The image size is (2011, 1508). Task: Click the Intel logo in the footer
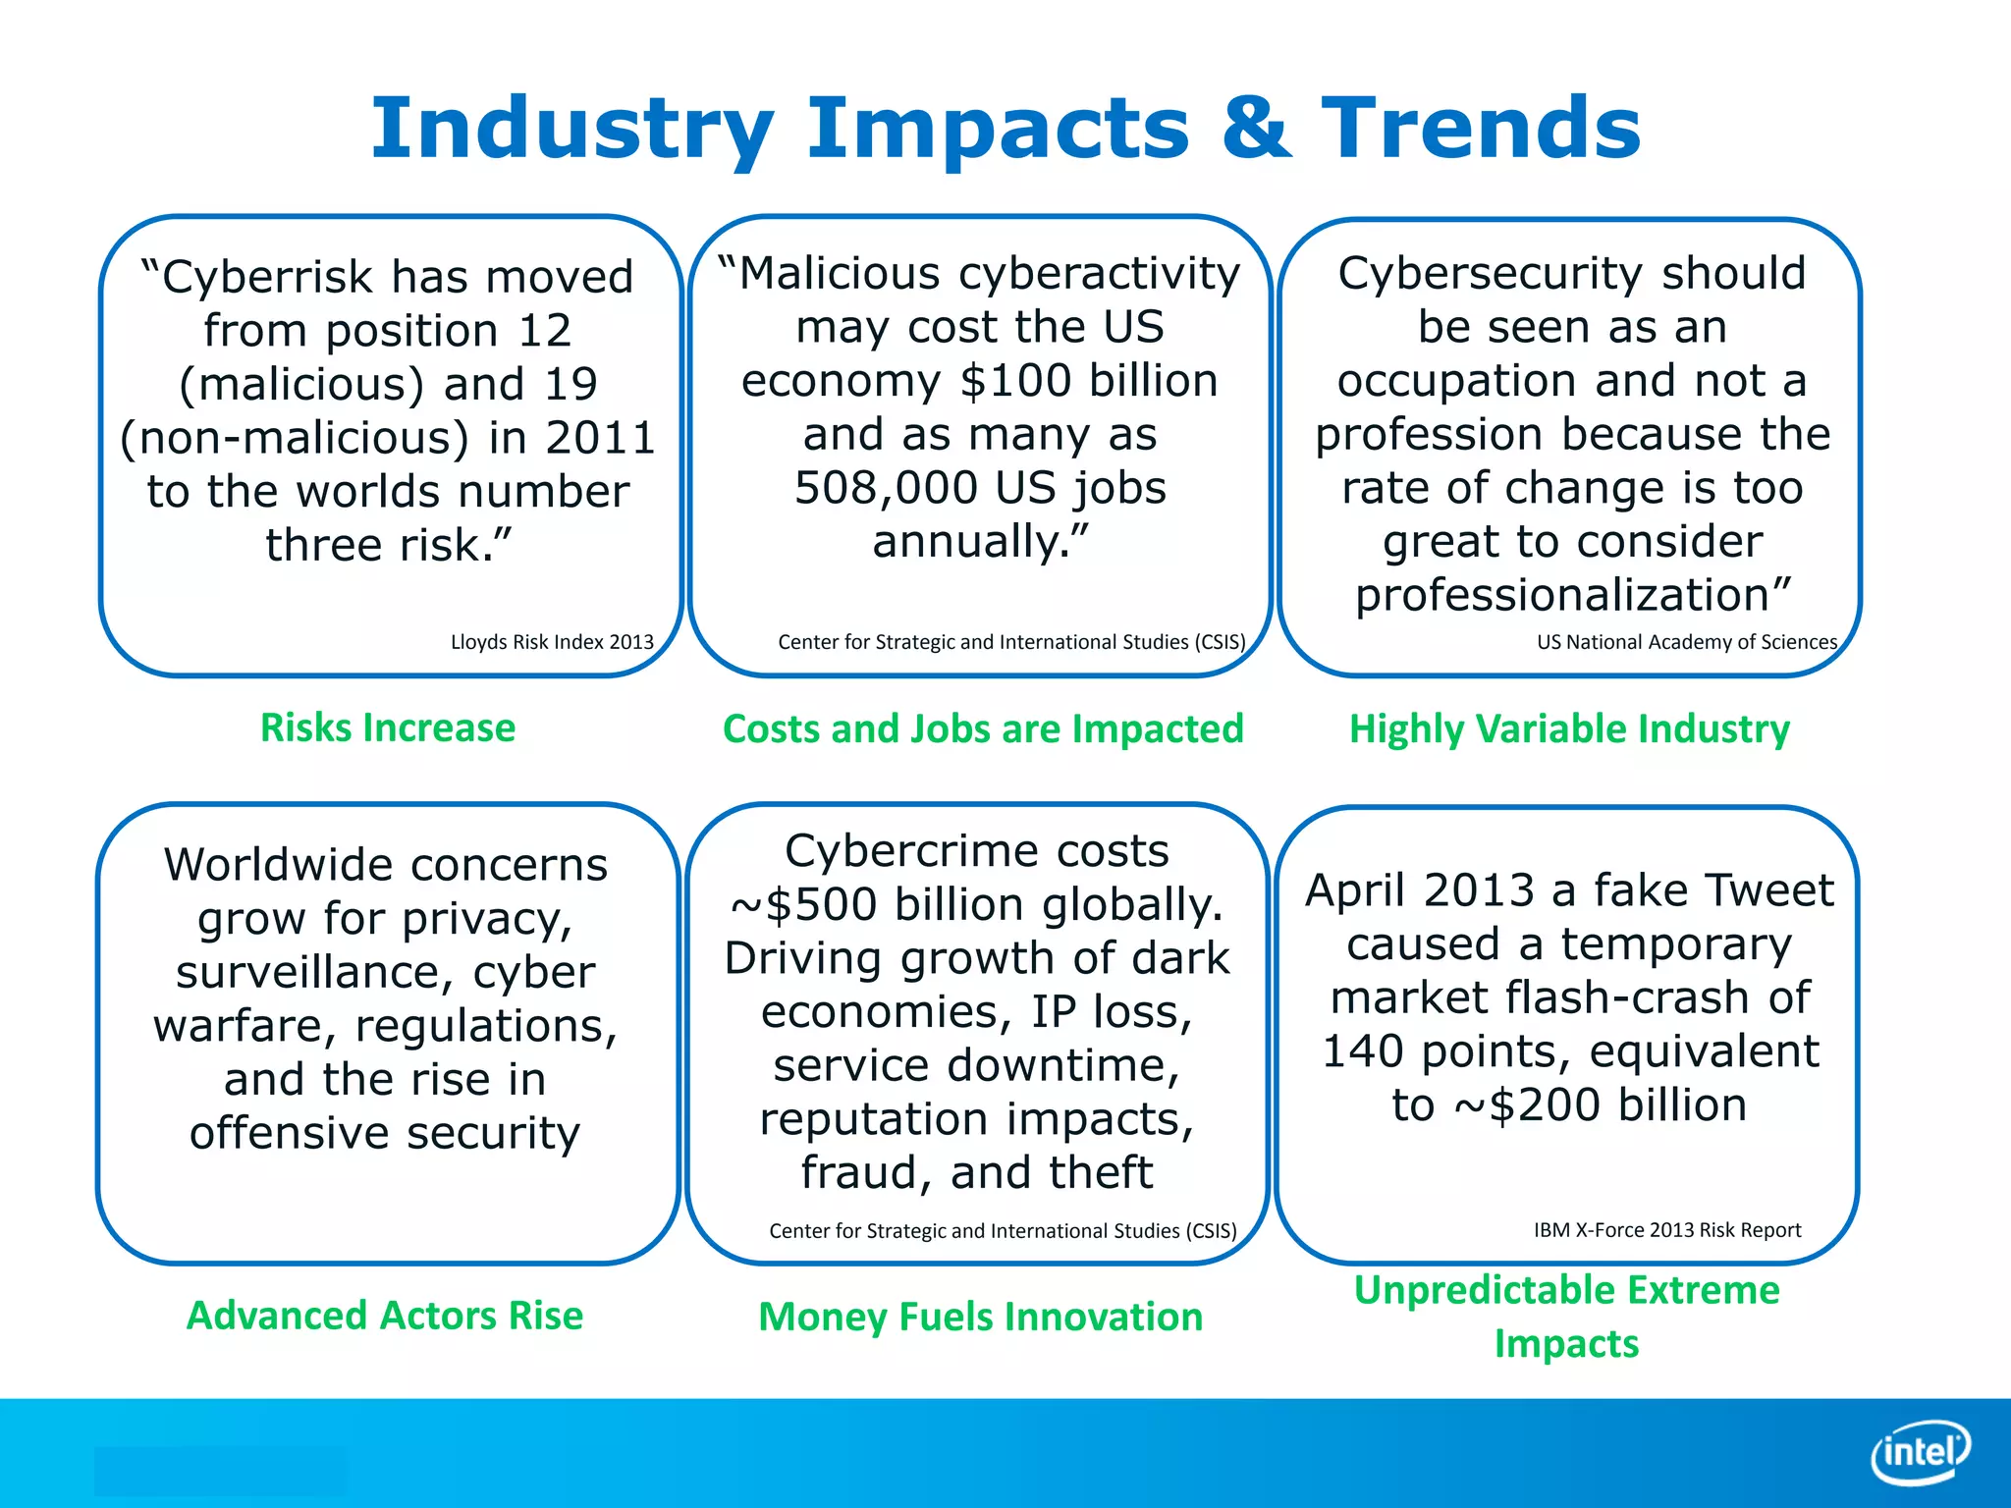(1921, 1452)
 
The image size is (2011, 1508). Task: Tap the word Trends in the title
(1481, 129)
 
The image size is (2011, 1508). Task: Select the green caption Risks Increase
(388, 727)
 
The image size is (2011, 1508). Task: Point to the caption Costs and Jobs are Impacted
(983, 728)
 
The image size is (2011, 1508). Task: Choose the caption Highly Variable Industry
(1569, 728)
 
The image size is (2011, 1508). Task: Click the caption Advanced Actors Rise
(385, 1315)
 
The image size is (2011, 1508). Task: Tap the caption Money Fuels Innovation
(980, 1317)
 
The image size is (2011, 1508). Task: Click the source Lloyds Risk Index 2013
(552, 642)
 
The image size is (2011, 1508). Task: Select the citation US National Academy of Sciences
(1687, 642)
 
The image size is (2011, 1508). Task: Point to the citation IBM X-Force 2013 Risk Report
(1667, 1230)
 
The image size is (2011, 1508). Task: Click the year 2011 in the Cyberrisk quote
(600, 438)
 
